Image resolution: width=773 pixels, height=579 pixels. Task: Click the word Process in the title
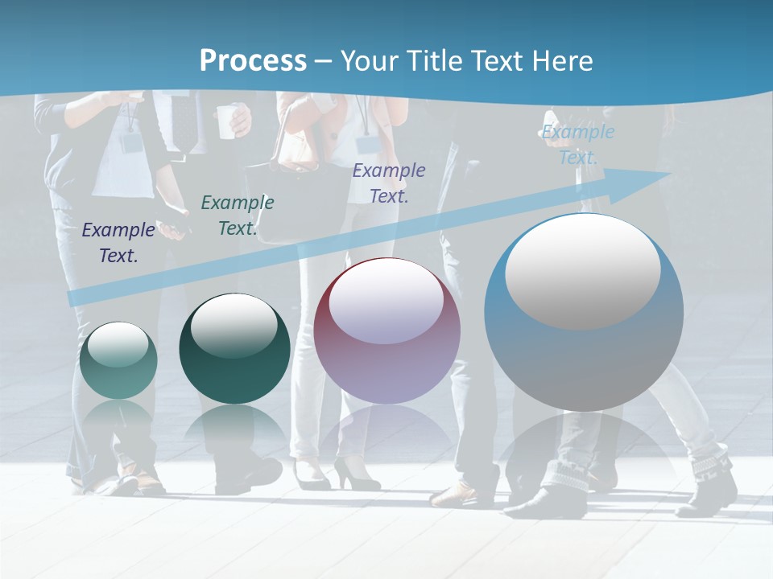[x=253, y=60]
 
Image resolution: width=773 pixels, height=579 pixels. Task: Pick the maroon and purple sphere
[x=387, y=331]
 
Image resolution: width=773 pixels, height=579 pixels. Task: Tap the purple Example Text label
[x=389, y=183]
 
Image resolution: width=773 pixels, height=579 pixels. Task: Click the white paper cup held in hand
[x=228, y=121]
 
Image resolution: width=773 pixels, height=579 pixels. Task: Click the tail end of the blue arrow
[x=75, y=298]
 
